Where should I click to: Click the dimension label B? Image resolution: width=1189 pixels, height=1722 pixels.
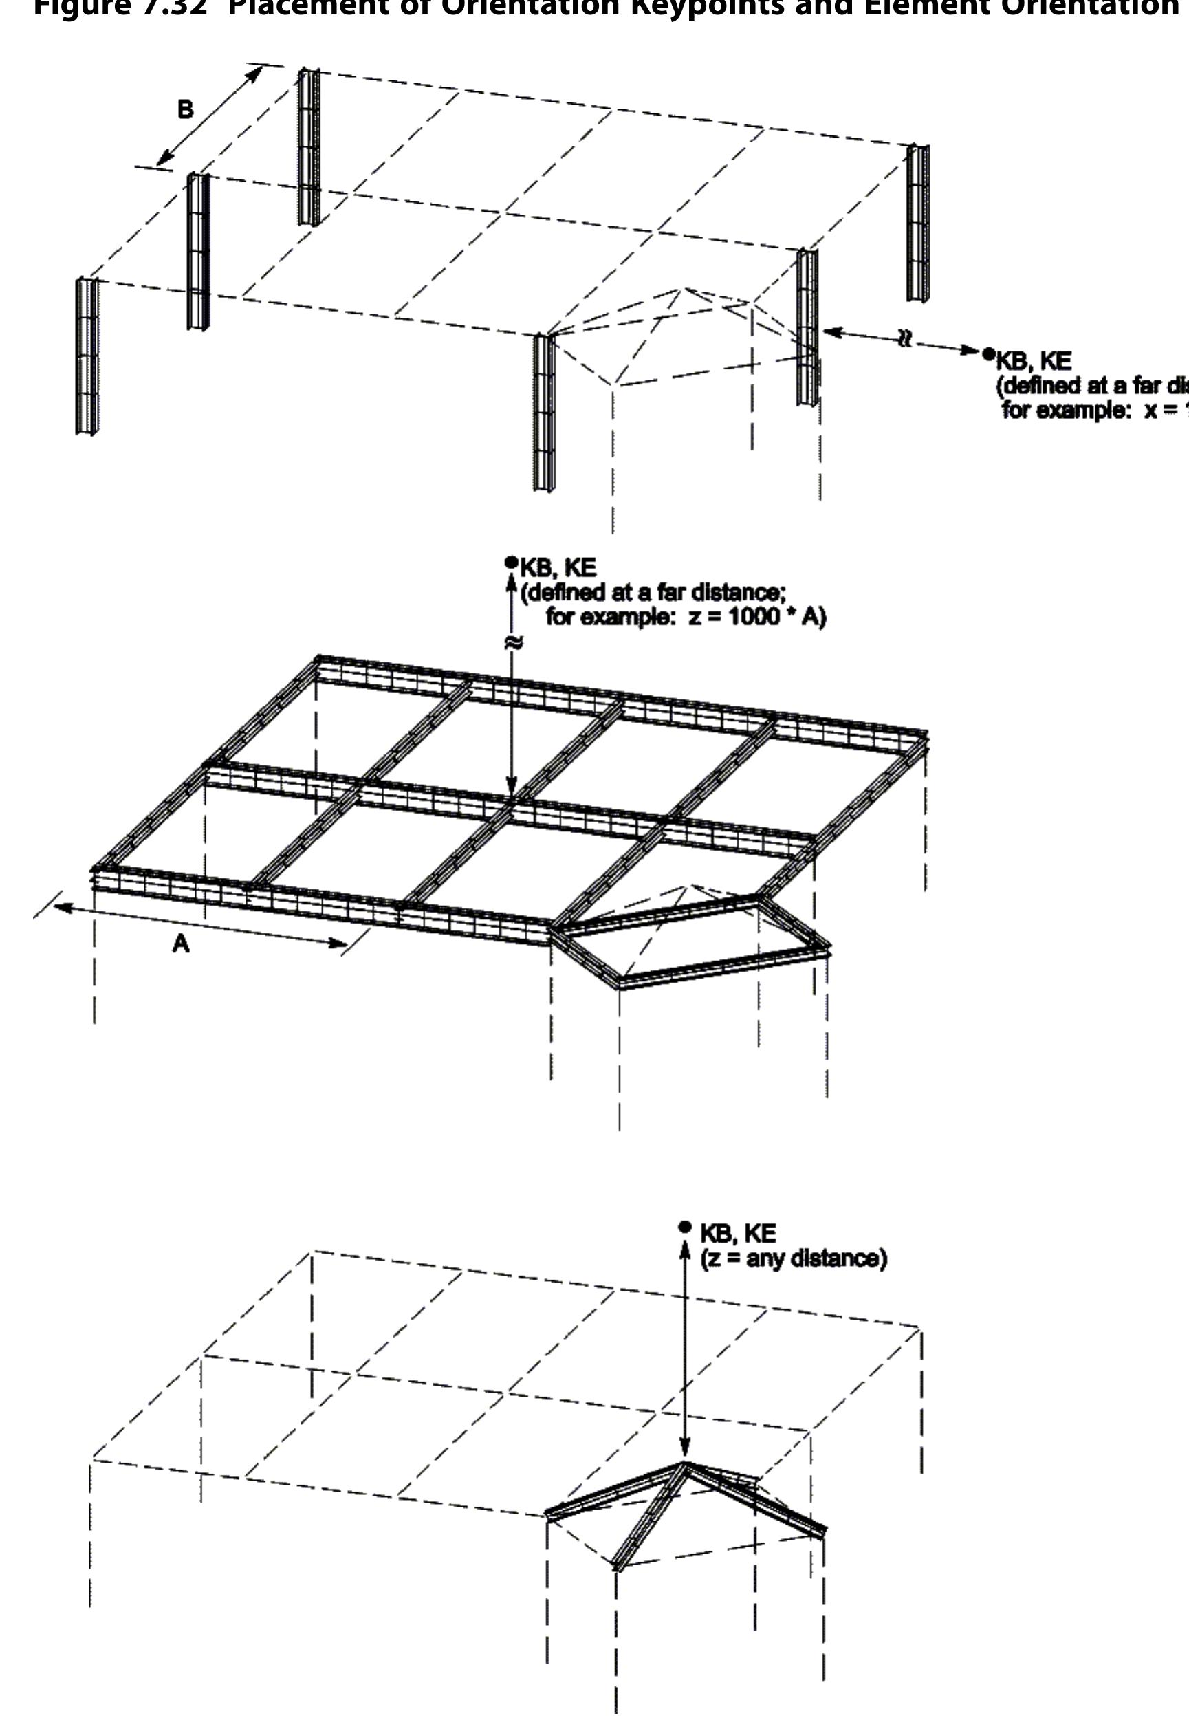pyautogui.click(x=185, y=110)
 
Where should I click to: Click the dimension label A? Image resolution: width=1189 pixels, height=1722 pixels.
pyautogui.click(x=181, y=944)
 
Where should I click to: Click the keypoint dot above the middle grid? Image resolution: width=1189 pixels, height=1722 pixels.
pyautogui.click(x=510, y=563)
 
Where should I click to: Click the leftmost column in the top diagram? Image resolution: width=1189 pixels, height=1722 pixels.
pyautogui.click(x=87, y=356)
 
